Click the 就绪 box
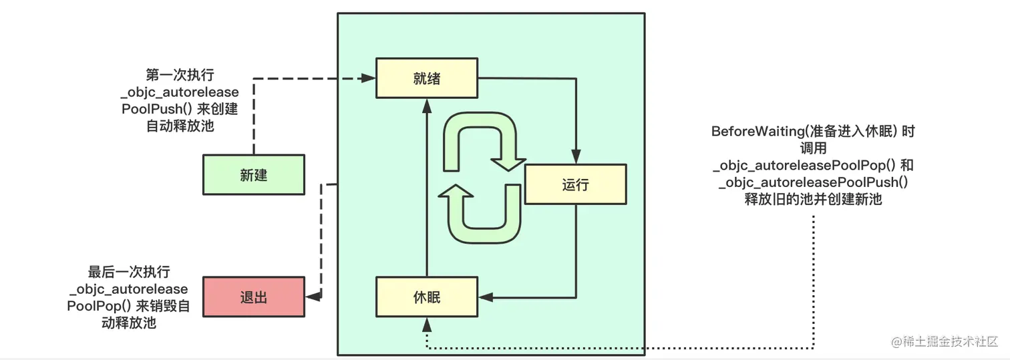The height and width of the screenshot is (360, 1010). tap(426, 78)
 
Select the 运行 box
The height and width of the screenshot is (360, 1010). tap(575, 184)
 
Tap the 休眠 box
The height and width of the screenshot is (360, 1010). tap(426, 297)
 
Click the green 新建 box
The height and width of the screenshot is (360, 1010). tap(253, 175)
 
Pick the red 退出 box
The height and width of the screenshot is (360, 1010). tap(253, 297)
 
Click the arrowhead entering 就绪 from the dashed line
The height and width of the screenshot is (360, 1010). tap(368, 78)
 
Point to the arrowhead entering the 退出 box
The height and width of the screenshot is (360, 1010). tap(311, 297)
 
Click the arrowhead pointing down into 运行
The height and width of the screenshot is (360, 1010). tap(575, 158)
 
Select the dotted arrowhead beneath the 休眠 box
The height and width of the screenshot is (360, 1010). tap(426, 323)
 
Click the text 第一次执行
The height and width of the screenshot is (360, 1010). tap(180, 74)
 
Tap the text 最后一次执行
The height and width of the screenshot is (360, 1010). tap(129, 272)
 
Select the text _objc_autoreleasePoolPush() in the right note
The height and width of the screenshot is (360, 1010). tap(813, 182)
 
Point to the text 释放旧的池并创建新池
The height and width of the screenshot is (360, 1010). tap(813, 199)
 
